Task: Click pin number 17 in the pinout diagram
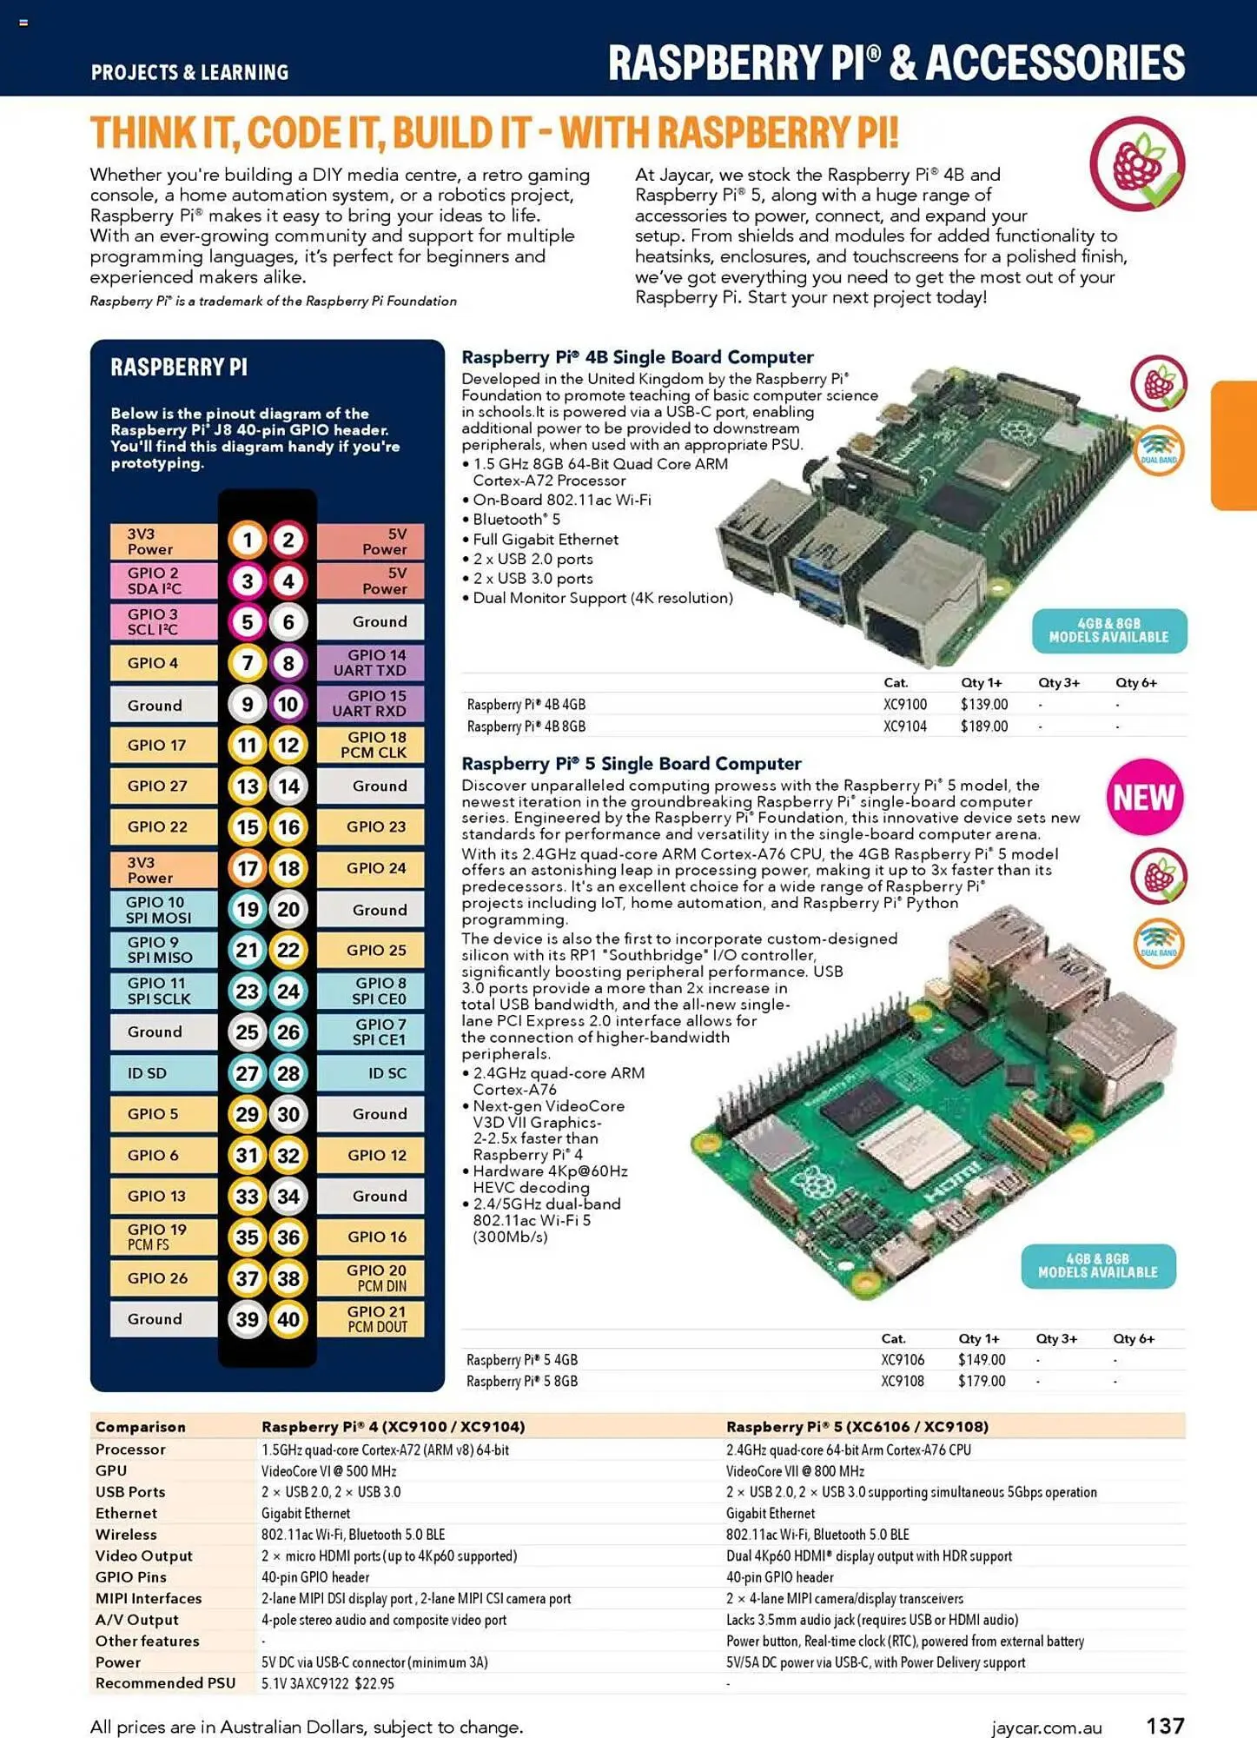pyautogui.click(x=247, y=868)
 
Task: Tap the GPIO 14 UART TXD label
pyautogui.click(x=370, y=662)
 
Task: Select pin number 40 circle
pyautogui.click(x=288, y=1319)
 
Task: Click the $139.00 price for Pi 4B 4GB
pyautogui.click(x=983, y=705)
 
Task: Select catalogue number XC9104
pyautogui.click(x=904, y=726)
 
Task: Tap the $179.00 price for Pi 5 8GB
pyautogui.click(x=981, y=1381)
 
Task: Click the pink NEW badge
pyautogui.click(x=1144, y=797)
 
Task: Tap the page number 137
pyautogui.click(x=1165, y=1725)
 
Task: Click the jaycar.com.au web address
pyautogui.click(x=1046, y=1728)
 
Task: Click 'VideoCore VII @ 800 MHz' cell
pyautogui.click(x=795, y=1470)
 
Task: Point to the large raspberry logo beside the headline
pyautogui.click(x=1137, y=163)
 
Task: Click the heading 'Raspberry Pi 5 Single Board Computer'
pyautogui.click(x=631, y=763)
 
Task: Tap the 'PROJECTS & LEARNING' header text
pyautogui.click(x=189, y=72)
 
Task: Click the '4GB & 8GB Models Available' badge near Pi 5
pyautogui.click(x=1097, y=1265)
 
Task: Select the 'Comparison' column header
pyautogui.click(x=140, y=1426)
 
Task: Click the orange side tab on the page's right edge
pyautogui.click(x=1234, y=445)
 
